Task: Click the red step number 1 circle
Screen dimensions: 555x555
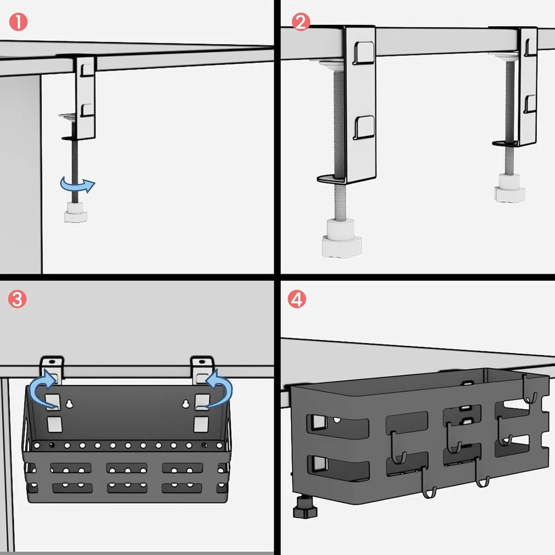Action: [18, 23]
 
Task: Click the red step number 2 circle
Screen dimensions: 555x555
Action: [300, 23]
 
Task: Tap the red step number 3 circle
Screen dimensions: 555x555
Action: [18, 300]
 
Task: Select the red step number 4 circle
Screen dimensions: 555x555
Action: [297, 300]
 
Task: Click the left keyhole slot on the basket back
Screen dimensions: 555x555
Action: [69, 403]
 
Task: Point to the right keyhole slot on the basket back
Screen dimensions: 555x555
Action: [185, 403]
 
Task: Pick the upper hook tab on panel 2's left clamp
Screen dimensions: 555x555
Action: [364, 52]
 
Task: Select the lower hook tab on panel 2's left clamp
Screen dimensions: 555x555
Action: [364, 127]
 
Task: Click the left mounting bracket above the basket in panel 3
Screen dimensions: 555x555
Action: [53, 367]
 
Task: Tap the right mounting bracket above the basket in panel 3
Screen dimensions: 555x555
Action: [203, 367]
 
